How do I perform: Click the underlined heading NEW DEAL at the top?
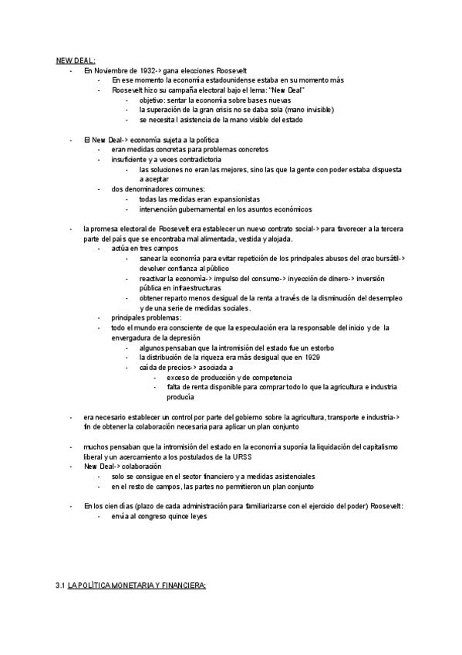(x=75, y=59)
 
